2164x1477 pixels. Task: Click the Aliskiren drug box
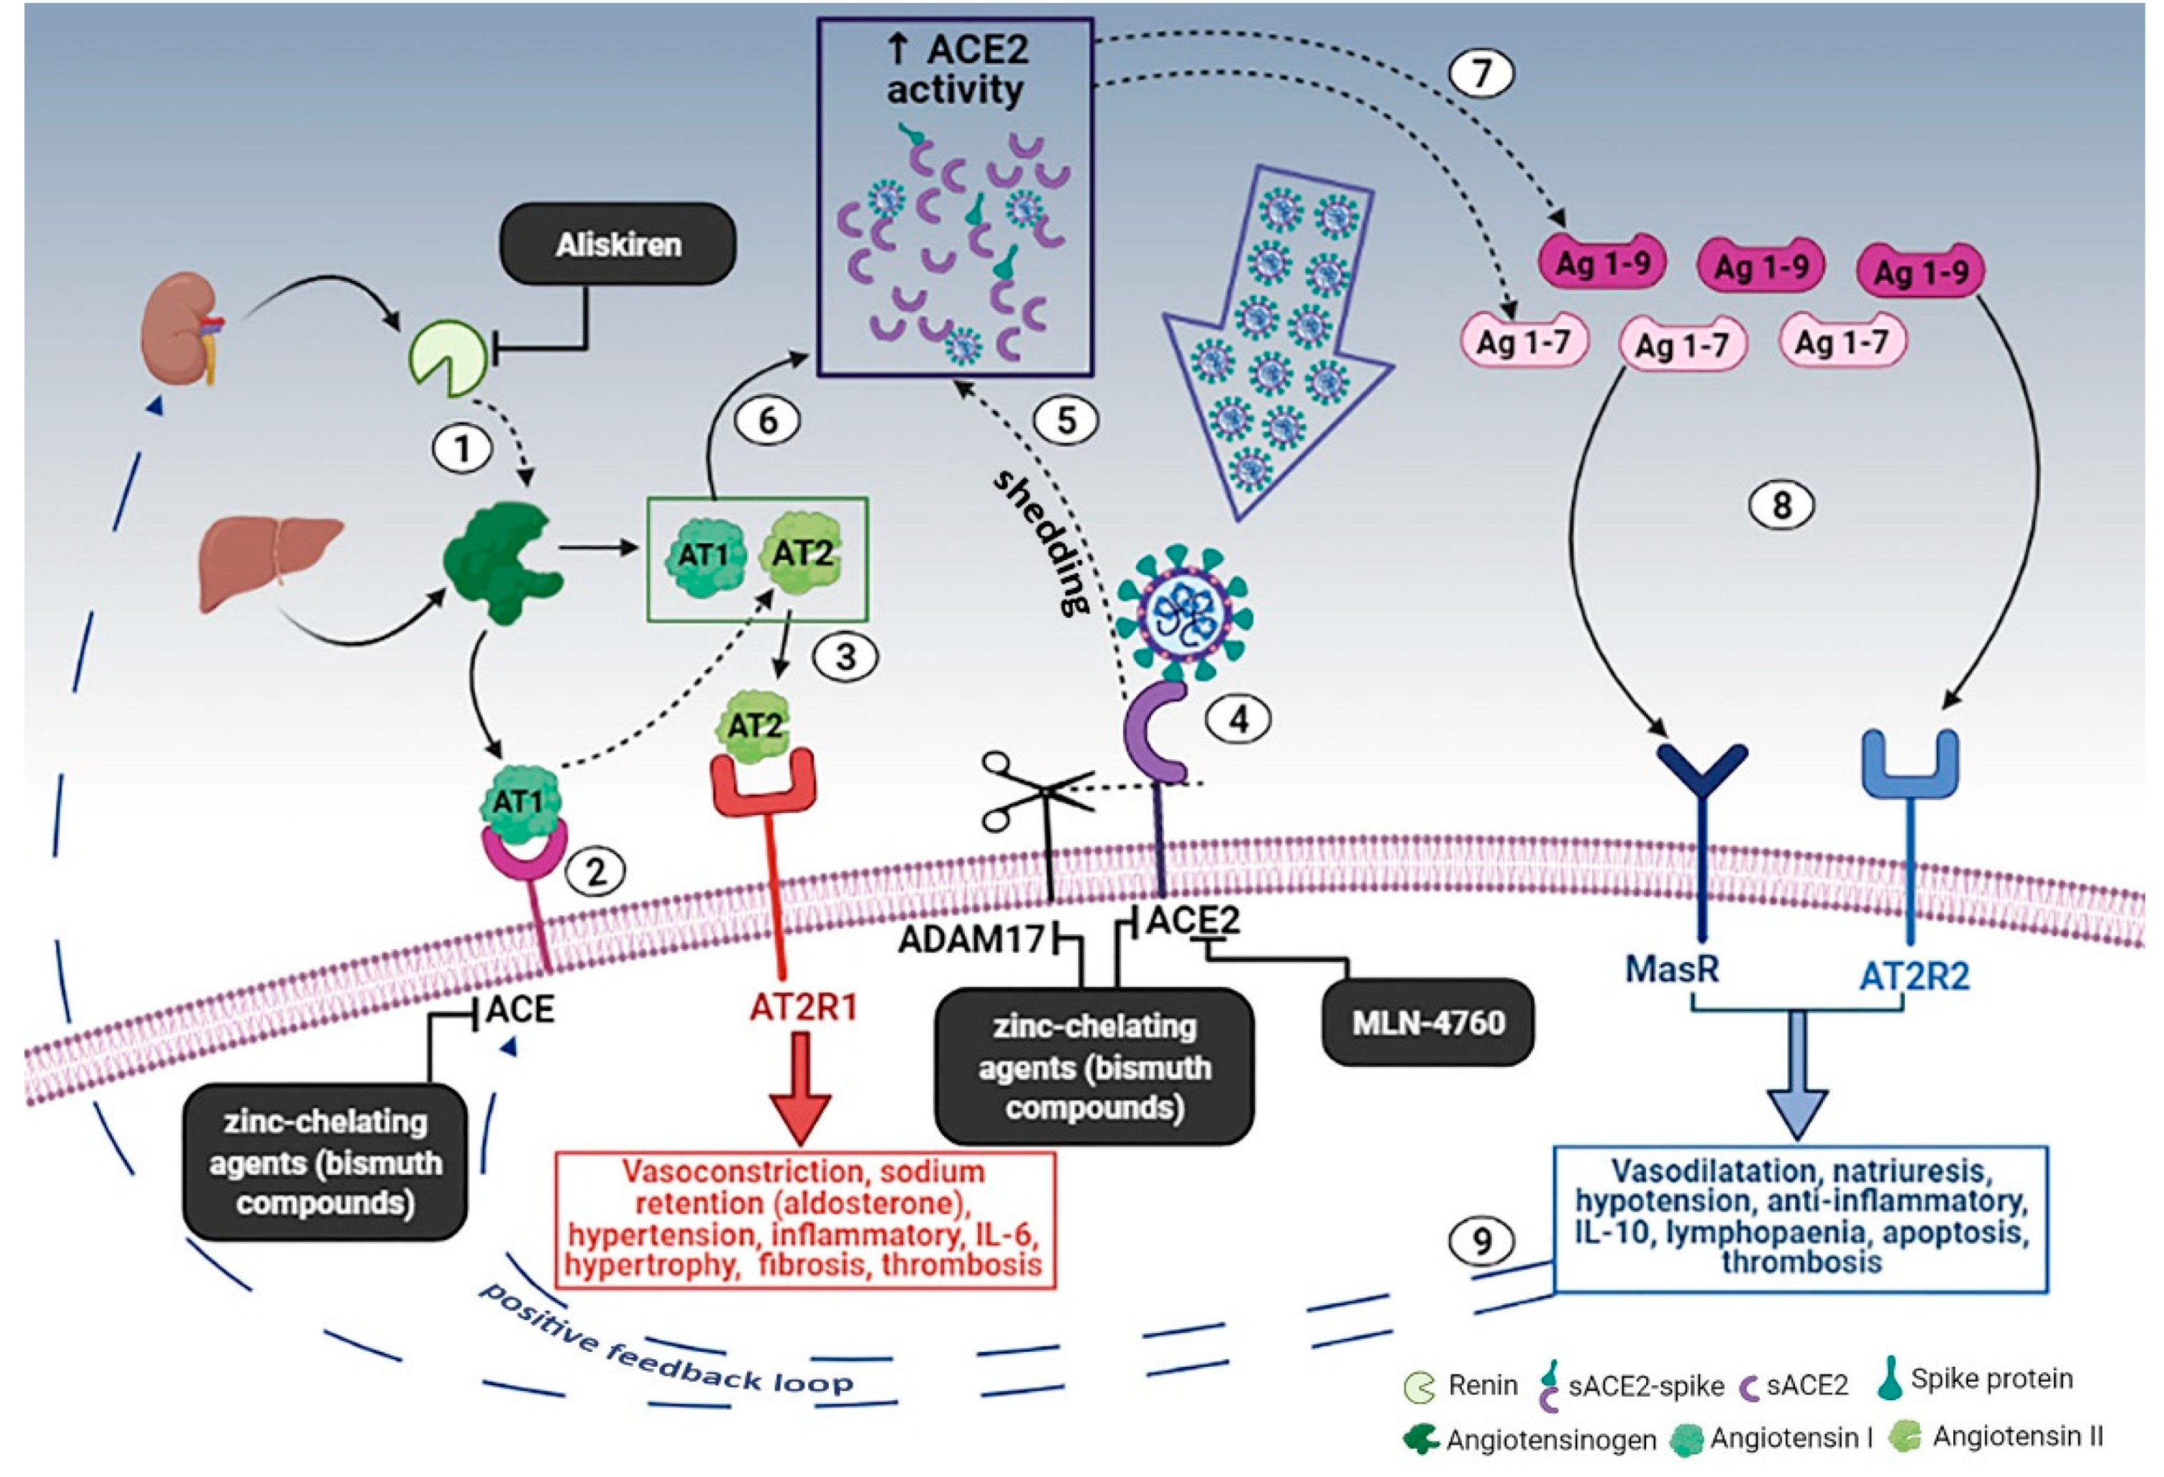pos(618,244)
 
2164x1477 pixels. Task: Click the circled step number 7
pos(1481,72)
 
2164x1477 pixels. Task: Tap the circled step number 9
pos(1481,1241)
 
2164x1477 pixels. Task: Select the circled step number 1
pos(462,450)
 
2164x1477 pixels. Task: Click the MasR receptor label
pos(1671,969)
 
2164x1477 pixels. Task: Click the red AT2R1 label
pos(803,1006)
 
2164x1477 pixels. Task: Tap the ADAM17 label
pos(971,940)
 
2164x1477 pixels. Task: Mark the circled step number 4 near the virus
pos(1239,719)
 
